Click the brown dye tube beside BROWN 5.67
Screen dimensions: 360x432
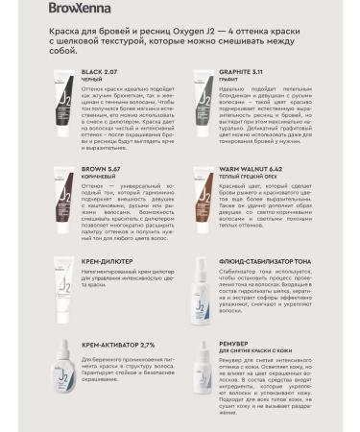tap(59, 201)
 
